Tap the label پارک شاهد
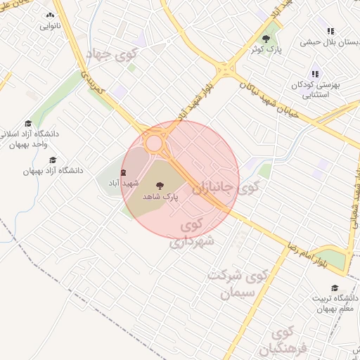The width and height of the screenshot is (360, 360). pyautogui.click(x=160, y=197)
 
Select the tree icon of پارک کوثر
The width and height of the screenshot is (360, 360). pyautogui.click(x=266, y=39)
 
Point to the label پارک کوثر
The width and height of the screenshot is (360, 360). pyautogui.click(x=266, y=50)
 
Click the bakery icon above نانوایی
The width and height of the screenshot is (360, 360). pyautogui.click(x=49, y=15)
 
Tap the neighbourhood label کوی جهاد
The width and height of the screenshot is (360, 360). pyautogui.click(x=112, y=53)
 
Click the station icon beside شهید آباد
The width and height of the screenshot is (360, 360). pyautogui.click(x=124, y=172)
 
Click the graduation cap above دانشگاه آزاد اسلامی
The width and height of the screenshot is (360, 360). pyautogui.click(x=28, y=124)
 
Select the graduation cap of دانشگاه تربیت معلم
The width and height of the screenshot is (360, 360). pyautogui.click(x=335, y=288)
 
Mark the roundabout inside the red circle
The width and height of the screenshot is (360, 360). pyautogui.click(x=153, y=143)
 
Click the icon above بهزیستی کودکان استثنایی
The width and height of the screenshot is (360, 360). pyautogui.click(x=315, y=74)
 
